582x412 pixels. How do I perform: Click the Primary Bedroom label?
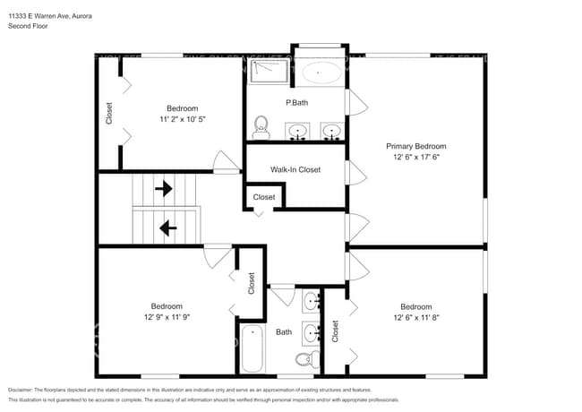coord(415,146)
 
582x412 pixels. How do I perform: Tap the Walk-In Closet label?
coord(295,169)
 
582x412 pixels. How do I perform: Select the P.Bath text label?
coord(296,103)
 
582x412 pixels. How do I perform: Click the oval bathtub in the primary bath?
coord(317,72)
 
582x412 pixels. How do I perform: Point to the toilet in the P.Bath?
coord(261,127)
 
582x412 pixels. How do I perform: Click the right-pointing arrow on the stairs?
coord(164,189)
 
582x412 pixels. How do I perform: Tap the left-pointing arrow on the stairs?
coord(167,228)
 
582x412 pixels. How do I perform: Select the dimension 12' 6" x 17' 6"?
coord(415,157)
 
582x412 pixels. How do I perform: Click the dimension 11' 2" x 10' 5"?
coord(183,119)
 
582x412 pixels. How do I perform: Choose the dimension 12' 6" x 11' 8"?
coord(415,317)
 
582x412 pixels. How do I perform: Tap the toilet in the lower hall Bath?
coord(306,360)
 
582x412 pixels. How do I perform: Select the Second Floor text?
coord(28,27)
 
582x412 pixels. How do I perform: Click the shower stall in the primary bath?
coord(267,72)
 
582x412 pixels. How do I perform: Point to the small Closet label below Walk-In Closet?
coord(264,197)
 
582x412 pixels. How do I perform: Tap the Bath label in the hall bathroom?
coord(284,332)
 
